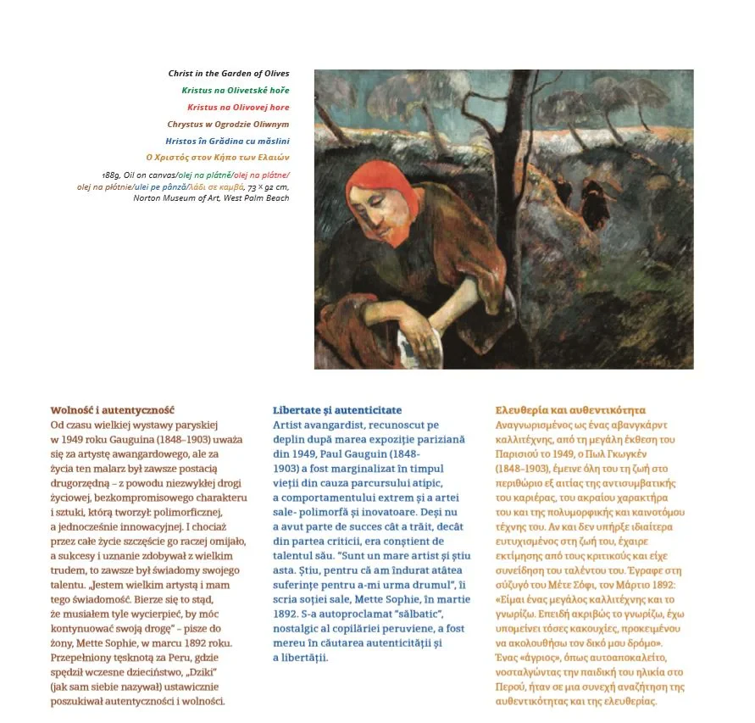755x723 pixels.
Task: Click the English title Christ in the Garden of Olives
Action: (x=229, y=74)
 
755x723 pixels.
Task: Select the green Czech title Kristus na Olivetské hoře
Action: (x=235, y=90)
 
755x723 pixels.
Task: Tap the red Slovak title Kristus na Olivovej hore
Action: (x=238, y=107)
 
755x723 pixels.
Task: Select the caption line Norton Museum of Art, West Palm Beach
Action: (x=211, y=197)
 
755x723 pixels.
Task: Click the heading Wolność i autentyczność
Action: (x=113, y=410)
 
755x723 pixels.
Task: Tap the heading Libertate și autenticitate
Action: (x=337, y=410)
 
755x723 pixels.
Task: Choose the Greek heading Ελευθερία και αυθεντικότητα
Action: (x=570, y=410)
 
